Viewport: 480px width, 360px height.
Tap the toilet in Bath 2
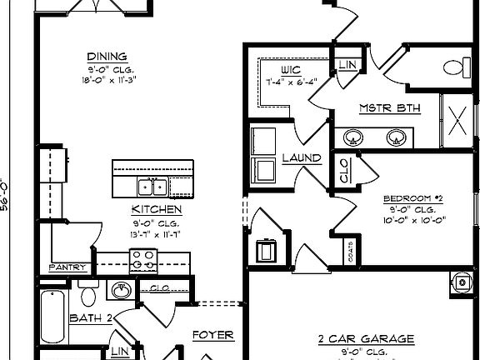pos(89,292)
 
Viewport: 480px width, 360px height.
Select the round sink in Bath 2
pos(121,290)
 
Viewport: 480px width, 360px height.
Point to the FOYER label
pos(212,336)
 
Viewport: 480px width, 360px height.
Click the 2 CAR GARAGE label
pos(366,339)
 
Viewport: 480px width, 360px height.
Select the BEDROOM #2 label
pos(413,198)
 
